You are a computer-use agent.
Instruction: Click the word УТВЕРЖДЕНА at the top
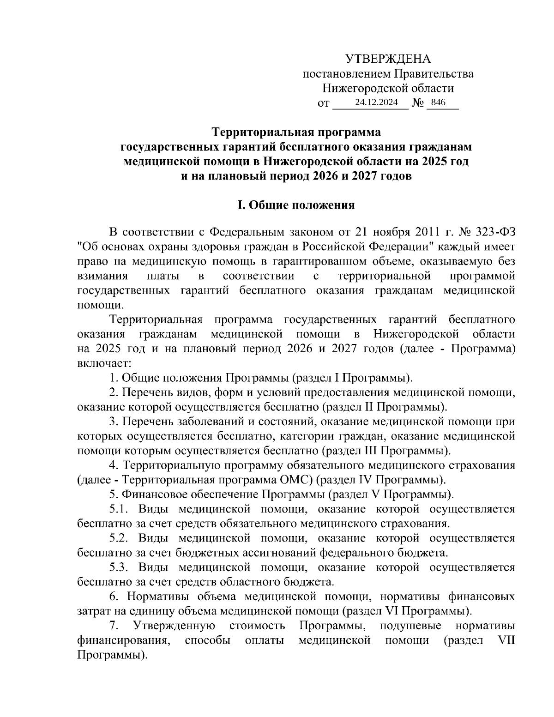388,59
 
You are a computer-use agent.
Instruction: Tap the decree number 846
436,102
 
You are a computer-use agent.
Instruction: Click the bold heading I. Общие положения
296,205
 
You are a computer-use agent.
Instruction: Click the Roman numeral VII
506,640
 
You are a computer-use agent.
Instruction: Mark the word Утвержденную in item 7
174,626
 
